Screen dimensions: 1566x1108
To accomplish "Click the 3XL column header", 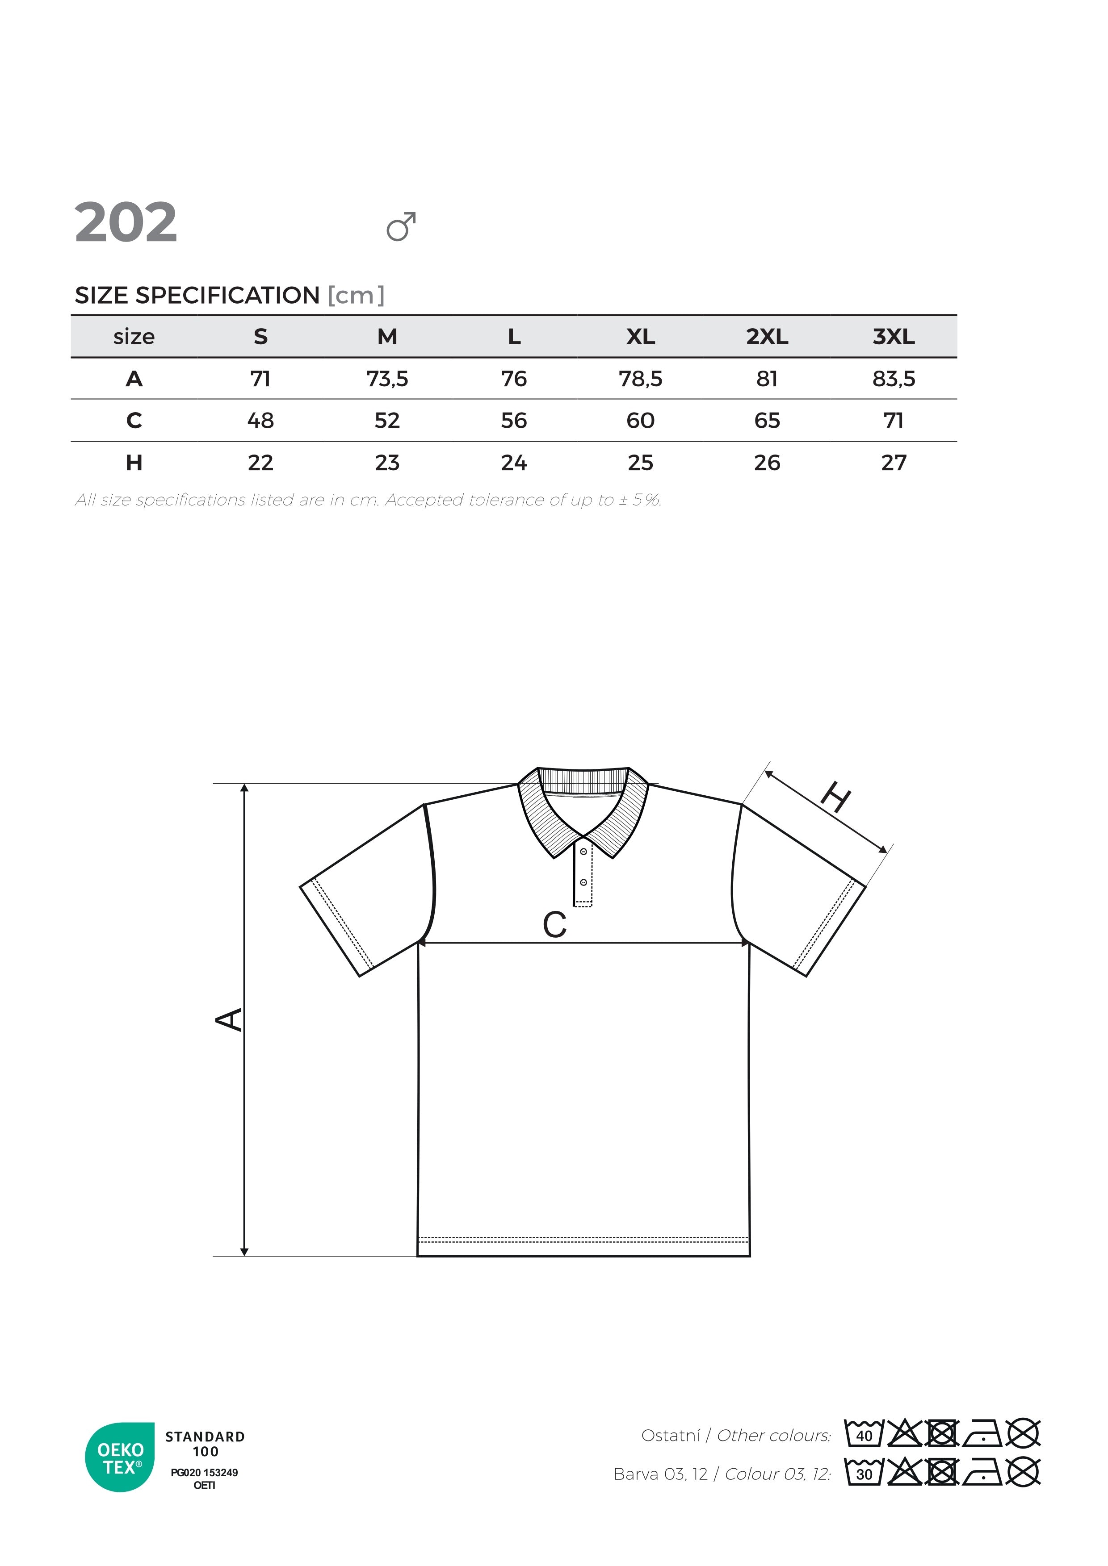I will [893, 336].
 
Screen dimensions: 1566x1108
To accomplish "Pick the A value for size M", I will [387, 379].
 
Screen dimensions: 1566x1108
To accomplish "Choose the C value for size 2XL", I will [767, 421].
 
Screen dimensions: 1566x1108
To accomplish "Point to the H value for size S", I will [260, 463].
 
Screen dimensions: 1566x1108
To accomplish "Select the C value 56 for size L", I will [514, 421].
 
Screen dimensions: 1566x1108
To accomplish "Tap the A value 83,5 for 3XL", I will [893, 379].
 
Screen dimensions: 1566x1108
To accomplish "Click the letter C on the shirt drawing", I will [555, 926].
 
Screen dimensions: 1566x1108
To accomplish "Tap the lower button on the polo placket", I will [583, 883].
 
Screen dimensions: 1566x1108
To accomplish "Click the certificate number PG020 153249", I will [204, 1473].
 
